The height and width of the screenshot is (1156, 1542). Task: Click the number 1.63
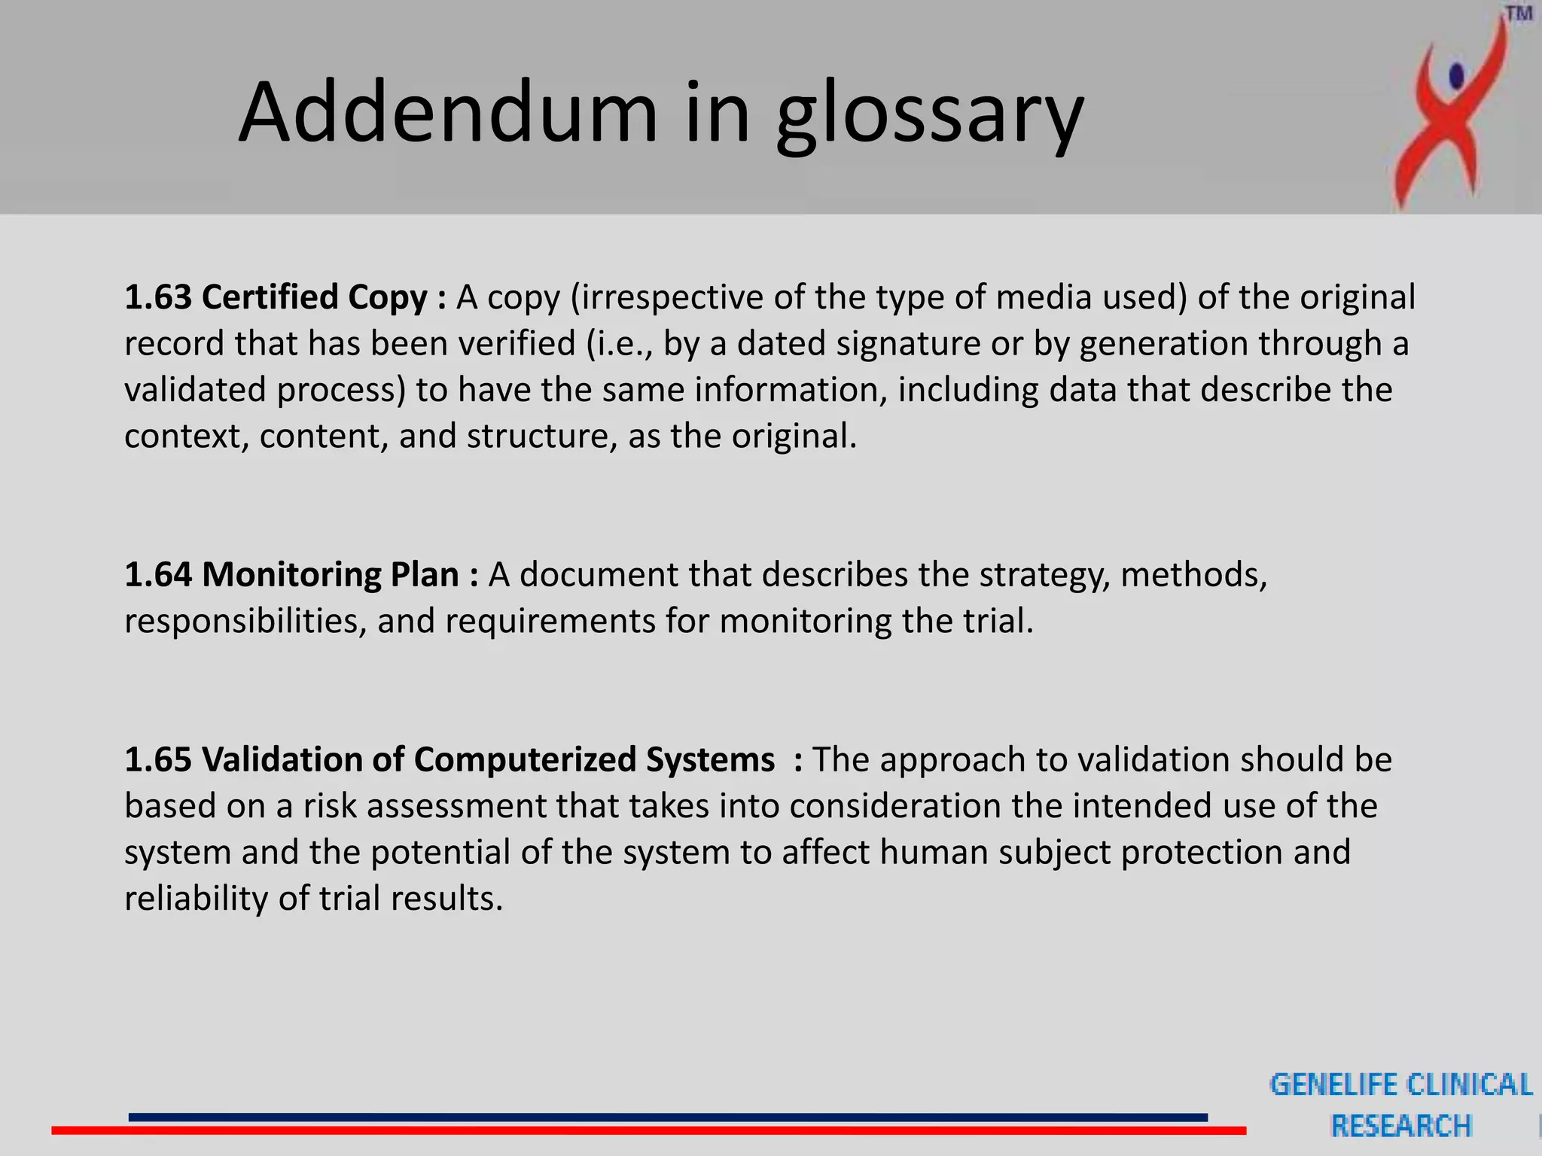158,297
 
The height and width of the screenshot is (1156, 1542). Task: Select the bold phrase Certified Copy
315,297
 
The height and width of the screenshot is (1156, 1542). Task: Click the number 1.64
158,575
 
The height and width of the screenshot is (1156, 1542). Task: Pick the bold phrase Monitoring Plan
331,575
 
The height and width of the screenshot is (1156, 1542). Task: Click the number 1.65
158,759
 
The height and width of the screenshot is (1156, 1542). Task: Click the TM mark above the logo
1519,14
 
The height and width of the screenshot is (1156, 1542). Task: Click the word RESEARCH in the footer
1401,1126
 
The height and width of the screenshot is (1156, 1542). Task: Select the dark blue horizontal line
667,1117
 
